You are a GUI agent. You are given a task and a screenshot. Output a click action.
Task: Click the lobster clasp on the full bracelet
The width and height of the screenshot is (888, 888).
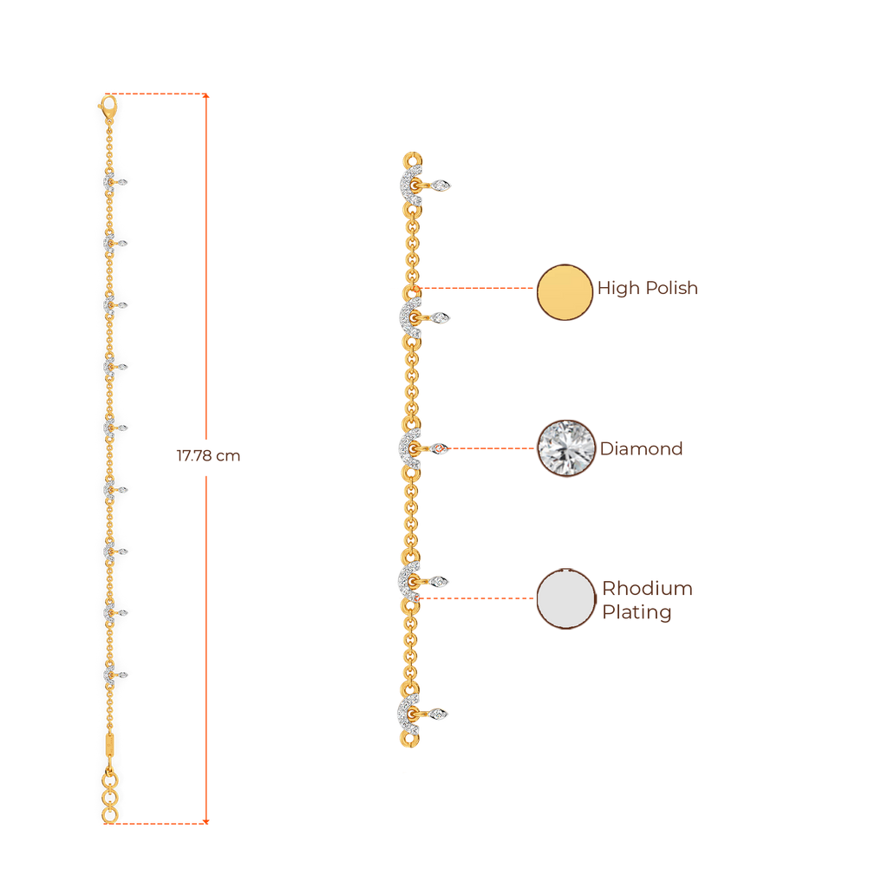click(108, 108)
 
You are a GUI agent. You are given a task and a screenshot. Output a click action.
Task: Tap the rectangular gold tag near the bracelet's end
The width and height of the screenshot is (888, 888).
click(109, 745)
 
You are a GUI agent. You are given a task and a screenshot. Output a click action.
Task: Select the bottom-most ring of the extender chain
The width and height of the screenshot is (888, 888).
click(109, 816)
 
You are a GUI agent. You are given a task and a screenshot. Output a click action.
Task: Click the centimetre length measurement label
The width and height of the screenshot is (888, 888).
click(208, 456)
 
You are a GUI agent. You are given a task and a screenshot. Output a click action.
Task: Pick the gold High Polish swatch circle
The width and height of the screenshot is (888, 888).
click(565, 292)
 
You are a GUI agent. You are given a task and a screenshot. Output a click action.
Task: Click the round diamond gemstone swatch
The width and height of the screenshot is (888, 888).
click(566, 448)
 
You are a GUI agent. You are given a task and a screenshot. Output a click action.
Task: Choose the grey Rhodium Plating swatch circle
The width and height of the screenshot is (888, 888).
click(565, 598)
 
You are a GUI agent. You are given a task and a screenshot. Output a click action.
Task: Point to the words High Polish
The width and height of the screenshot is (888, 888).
click(648, 289)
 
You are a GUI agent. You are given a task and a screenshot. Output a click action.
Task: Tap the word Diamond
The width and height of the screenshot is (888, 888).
click(642, 449)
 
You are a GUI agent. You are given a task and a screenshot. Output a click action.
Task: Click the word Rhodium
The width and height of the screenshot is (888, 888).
click(648, 589)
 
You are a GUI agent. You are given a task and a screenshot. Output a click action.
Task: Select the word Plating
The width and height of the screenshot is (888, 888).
click(637, 613)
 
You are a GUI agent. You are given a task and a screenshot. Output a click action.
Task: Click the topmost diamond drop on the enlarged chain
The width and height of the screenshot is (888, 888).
click(443, 184)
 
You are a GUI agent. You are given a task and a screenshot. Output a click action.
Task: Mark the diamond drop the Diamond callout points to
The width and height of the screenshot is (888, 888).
click(441, 448)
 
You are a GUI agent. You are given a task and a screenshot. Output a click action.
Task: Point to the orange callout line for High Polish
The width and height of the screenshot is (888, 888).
click(477, 287)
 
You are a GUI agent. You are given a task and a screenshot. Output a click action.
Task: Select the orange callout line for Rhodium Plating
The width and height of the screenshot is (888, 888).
click(477, 597)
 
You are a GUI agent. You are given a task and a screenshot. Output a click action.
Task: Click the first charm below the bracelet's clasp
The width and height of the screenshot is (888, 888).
click(111, 183)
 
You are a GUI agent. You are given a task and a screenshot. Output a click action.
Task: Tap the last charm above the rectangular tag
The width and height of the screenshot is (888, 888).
click(110, 675)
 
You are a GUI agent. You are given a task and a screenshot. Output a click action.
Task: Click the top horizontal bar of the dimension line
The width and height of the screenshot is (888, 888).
click(164, 93)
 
